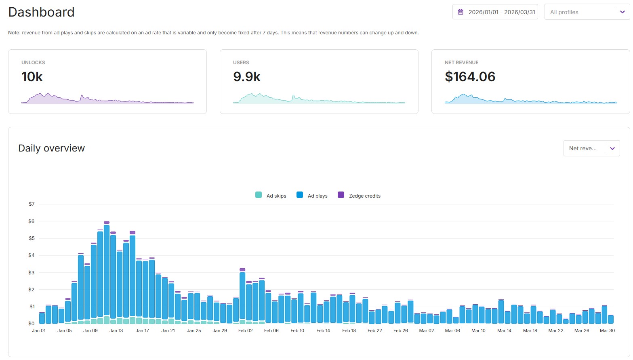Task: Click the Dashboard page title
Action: point(41,12)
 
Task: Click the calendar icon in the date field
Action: point(461,12)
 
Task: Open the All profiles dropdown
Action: point(587,12)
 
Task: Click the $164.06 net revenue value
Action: point(470,77)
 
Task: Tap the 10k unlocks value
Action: point(32,77)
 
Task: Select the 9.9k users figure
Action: point(246,77)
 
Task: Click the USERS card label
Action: point(241,63)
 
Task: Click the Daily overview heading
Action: point(51,148)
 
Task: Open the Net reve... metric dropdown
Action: point(591,148)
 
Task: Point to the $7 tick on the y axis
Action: point(32,204)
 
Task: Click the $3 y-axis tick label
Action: point(32,273)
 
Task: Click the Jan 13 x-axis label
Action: point(116,331)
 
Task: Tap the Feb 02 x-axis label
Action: point(245,331)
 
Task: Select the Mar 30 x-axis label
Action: point(607,331)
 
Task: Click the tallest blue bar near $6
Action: point(107,271)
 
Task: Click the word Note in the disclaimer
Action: point(14,33)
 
